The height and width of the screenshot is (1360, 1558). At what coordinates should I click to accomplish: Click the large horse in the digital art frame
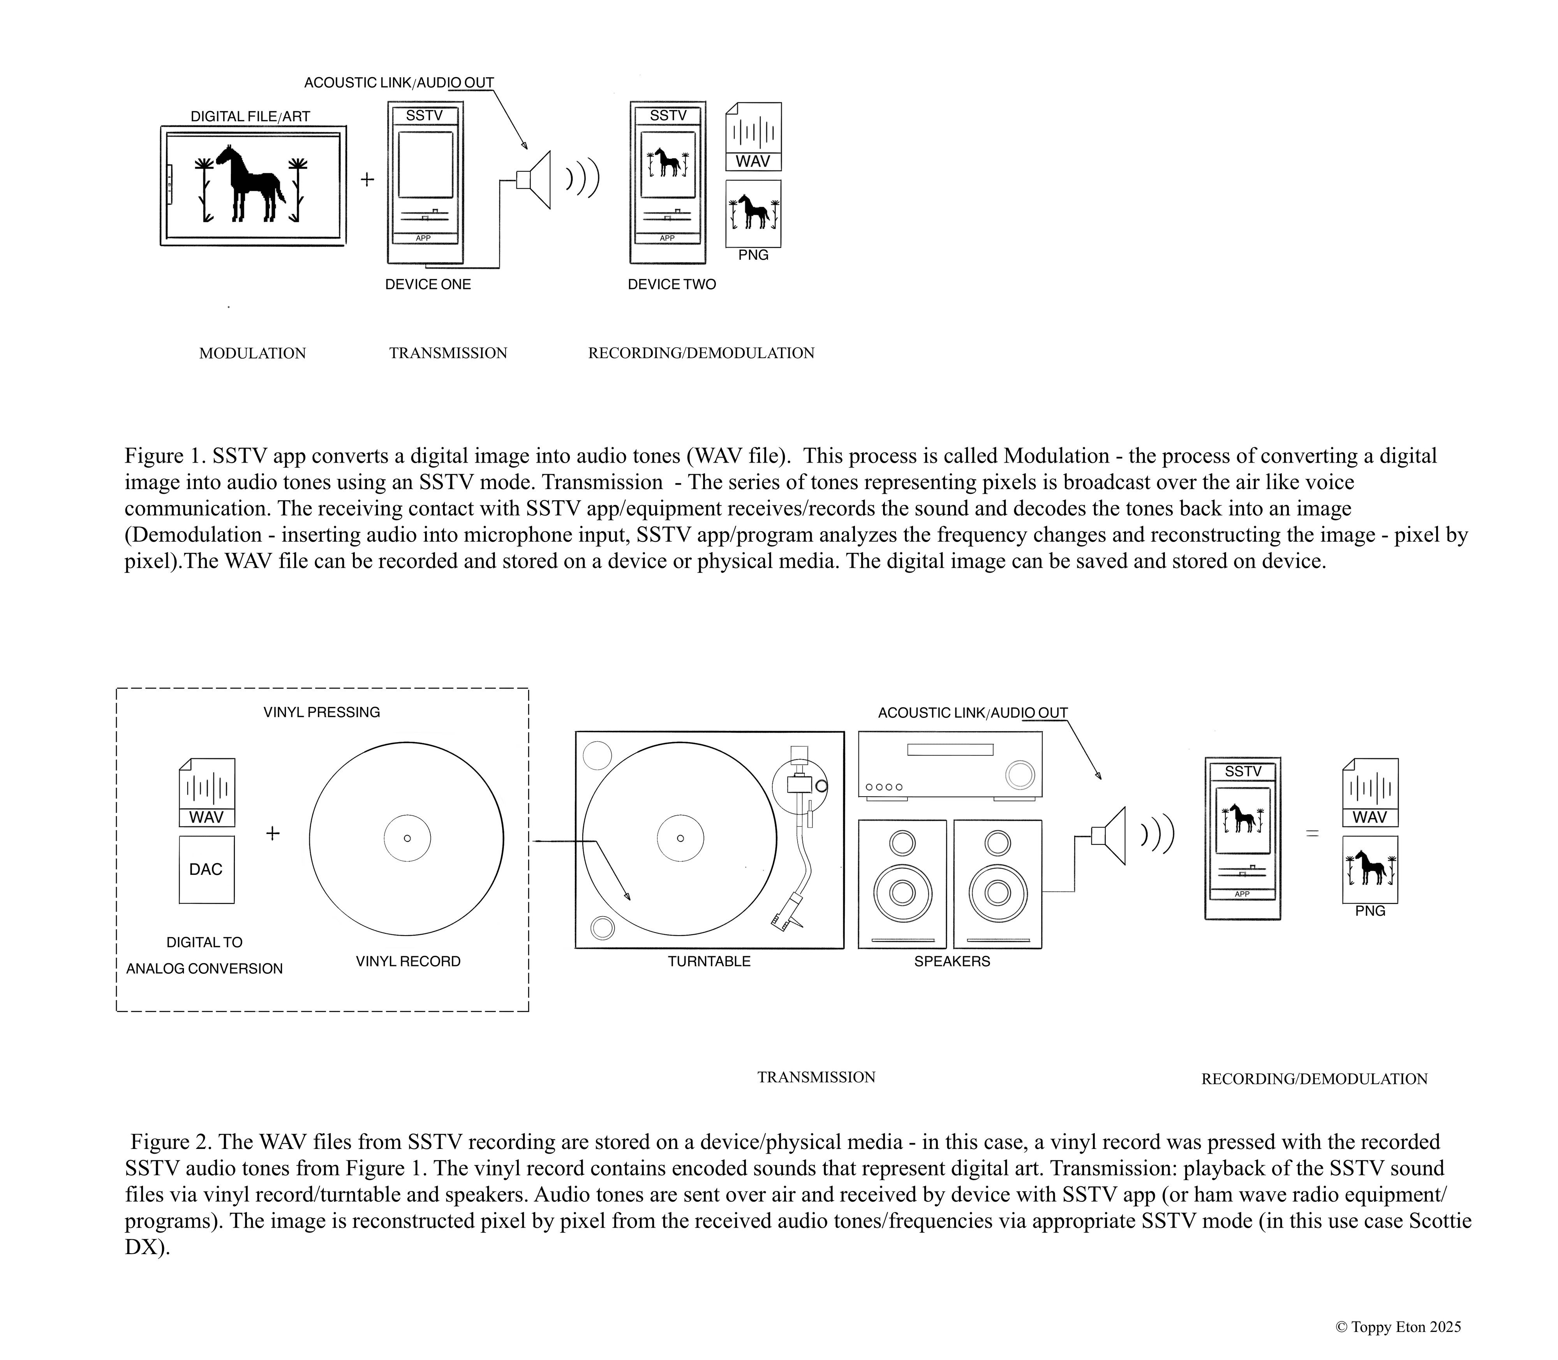point(250,182)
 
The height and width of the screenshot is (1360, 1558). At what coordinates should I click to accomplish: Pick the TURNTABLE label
point(709,962)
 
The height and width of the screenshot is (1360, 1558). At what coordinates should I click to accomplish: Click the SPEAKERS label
point(952,962)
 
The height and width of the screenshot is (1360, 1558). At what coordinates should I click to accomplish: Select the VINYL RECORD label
point(409,962)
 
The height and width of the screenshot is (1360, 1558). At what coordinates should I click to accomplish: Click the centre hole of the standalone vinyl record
point(407,839)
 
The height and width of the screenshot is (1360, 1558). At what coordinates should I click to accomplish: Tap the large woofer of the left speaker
point(902,892)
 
